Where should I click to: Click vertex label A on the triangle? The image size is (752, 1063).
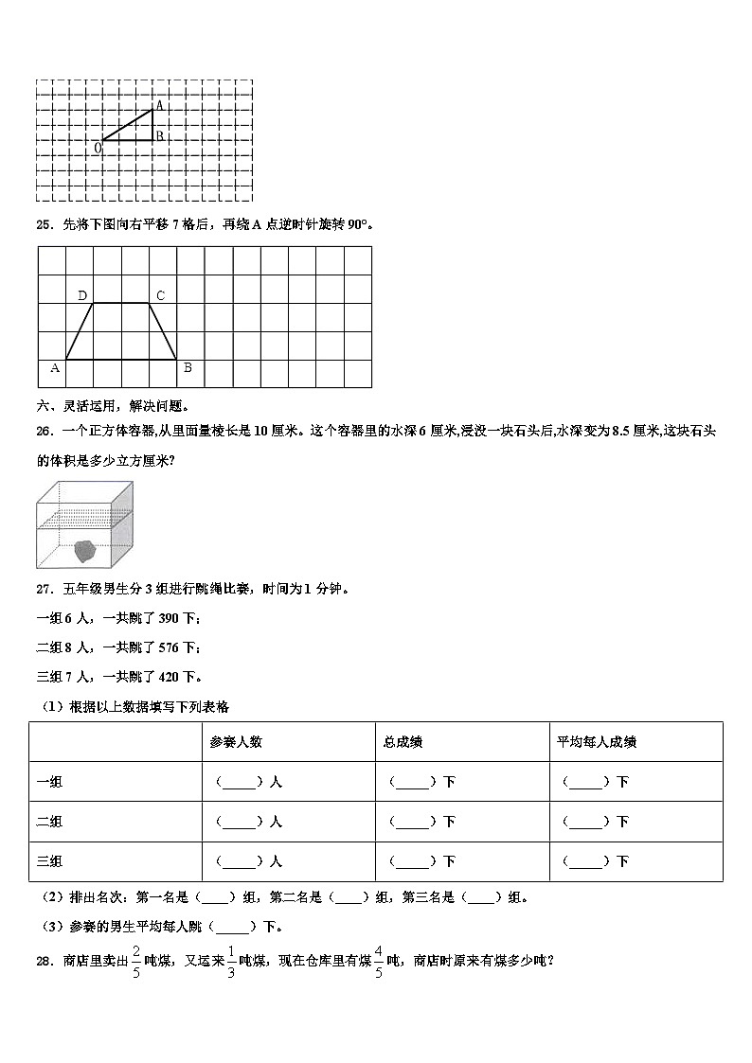pos(159,105)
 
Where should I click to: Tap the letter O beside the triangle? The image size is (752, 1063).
pos(98,148)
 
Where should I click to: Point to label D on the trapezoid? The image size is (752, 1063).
pos(82,296)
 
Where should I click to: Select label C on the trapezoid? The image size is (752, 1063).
pos(160,296)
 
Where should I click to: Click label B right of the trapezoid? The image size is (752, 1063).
pos(188,368)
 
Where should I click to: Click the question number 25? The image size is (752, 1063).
pos(44,224)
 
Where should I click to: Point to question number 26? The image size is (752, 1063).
pos(44,431)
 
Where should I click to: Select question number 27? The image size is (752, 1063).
pos(44,589)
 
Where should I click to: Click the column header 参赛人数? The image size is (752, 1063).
pos(236,742)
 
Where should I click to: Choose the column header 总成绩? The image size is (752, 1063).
pos(403,742)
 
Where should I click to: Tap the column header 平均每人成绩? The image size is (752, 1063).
pos(596,742)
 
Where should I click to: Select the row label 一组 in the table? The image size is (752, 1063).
pos(48,782)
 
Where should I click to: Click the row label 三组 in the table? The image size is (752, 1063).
pos(48,861)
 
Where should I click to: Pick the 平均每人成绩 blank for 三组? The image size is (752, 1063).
pos(585,861)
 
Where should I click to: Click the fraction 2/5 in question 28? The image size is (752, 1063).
pos(136,960)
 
